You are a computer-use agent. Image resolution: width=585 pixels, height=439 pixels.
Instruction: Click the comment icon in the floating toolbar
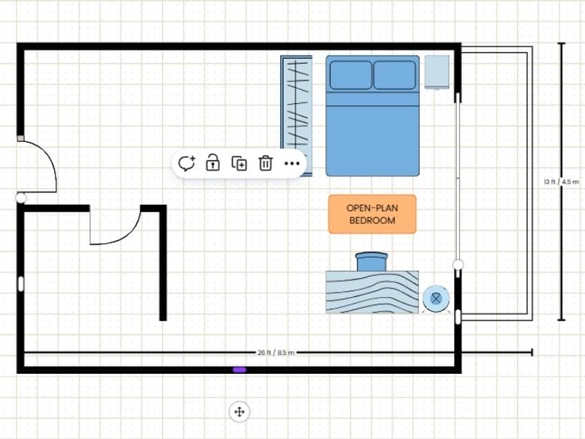pos(187,163)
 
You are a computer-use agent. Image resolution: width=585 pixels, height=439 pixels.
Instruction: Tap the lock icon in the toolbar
pos(213,163)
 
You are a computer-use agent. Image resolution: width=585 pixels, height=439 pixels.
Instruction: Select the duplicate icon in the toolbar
pos(239,163)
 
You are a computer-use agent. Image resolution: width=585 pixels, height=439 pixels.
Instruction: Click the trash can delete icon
pos(265,163)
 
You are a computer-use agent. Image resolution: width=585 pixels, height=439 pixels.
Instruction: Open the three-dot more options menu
pos(292,163)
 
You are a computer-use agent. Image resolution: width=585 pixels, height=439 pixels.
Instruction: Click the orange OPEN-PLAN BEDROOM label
pos(371,214)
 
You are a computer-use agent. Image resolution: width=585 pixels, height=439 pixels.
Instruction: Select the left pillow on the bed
pos(350,75)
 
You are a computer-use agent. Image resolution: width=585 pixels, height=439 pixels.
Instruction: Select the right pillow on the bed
pos(395,75)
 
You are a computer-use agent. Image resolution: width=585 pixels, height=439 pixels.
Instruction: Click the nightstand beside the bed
pos(437,72)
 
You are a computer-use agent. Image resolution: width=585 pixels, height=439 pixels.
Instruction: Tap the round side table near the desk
pos(436,298)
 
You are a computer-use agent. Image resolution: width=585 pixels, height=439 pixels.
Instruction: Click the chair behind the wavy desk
pos(371,261)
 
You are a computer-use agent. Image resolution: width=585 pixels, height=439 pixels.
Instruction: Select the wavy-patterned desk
pos(371,292)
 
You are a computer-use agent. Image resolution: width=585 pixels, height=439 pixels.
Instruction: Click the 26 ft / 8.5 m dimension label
pos(276,353)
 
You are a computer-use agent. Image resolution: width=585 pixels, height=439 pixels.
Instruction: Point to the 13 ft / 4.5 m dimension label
pos(562,181)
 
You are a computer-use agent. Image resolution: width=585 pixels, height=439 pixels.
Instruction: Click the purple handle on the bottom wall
pos(239,370)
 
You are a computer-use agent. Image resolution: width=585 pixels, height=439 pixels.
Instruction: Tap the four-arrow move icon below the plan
pos(238,412)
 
